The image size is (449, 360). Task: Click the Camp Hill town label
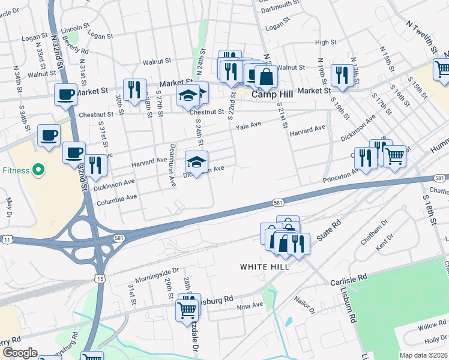click(x=271, y=94)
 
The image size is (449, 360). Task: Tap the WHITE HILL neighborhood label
click(x=264, y=266)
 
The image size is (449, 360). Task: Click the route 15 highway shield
click(x=100, y=278)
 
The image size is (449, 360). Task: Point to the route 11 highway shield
click(x=7, y=239)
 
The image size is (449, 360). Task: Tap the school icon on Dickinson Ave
click(x=196, y=161)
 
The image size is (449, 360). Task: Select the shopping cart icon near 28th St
click(x=187, y=310)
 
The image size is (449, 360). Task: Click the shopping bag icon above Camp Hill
click(x=266, y=76)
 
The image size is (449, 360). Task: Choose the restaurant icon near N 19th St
click(x=340, y=74)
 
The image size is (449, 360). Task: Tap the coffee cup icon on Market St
click(x=65, y=94)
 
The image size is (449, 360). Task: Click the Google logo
click(x=20, y=353)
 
